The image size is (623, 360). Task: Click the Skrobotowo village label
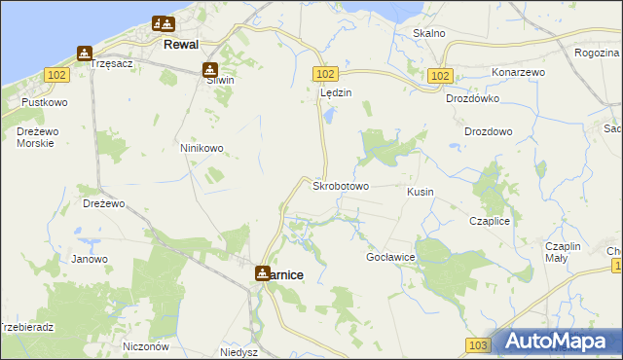click(340, 186)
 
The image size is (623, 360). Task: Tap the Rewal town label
click(181, 45)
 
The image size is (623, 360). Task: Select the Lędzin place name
click(335, 93)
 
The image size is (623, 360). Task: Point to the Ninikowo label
click(202, 149)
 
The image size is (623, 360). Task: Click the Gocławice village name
click(390, 257)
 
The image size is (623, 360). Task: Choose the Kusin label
click(420, 193)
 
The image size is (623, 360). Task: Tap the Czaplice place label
click(490, 222)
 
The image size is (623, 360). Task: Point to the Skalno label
click(428, 33)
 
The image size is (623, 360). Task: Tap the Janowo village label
click(90, 260)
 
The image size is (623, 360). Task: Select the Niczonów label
click(147, 346)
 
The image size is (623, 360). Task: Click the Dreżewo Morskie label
click(35, 137)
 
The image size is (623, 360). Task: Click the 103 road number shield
click(476, 345)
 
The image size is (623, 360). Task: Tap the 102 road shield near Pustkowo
click(56, 75)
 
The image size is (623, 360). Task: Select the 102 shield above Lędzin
click(325, 75)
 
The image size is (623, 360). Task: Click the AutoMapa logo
click(558, 342)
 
